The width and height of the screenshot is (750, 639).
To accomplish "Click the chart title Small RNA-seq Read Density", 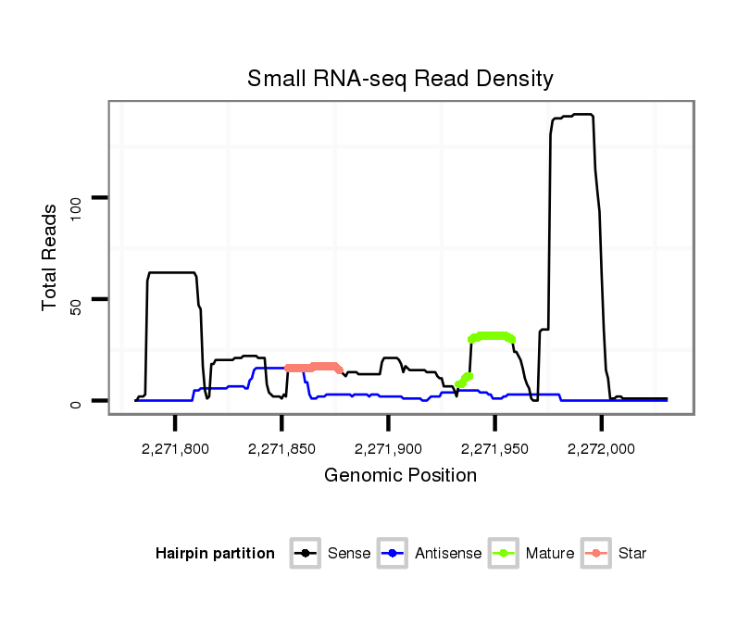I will pos(400,79).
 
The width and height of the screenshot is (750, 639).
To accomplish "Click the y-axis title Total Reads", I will pos(50,257).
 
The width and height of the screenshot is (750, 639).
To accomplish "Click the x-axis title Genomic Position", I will pos(400,476).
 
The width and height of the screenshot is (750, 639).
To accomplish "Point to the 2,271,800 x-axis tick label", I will pos(175,449).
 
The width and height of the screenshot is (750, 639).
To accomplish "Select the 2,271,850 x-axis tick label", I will pos(281,449).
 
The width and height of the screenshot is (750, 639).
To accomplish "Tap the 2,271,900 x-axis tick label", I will pos(388,449).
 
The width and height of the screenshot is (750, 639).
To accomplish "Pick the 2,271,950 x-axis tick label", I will pos(494,449).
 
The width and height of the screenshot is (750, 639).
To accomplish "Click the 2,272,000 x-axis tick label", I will pos(602,449).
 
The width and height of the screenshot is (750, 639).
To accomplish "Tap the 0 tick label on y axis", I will pos(76,401).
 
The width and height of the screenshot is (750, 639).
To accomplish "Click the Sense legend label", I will pos(349,554).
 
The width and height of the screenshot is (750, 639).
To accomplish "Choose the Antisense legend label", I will pos(448,554).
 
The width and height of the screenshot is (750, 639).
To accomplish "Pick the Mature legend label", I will pos(550,554).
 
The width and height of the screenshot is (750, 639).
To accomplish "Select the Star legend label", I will pos(632,554).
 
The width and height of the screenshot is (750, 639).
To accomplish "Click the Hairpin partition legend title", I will pos(215,554).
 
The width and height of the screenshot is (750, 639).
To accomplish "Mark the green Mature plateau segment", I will pos(492,336).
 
